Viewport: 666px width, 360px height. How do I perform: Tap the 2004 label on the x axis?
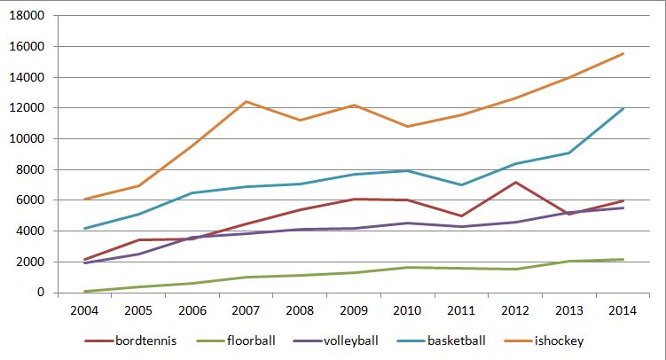[84, 310]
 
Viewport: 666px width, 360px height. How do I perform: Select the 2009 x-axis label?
[354, 310]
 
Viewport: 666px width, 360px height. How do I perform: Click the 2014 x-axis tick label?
[623, 310]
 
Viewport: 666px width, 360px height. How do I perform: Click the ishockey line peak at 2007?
[246, 102]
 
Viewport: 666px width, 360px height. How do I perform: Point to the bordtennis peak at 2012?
[515, 183]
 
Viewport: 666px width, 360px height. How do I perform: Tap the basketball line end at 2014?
[623, 109]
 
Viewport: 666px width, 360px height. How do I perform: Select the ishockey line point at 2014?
[623, 54]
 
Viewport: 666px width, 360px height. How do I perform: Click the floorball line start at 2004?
[84, 291]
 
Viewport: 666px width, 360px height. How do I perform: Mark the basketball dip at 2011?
[461, 184]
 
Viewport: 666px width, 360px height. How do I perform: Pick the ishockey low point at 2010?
[407, 127]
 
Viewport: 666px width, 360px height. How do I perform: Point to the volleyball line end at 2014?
[623, 208]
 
